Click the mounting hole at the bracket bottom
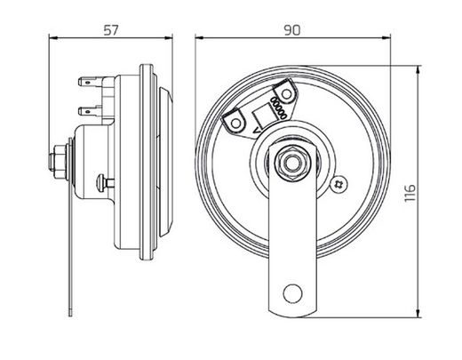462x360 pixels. [x=291, y=293]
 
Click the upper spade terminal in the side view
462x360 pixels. [x=90, y=82]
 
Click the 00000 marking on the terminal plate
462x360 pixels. [x=275, y=109]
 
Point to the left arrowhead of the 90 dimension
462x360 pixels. [x=199, y=39]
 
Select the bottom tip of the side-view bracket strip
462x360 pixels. [x=69, y=312]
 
